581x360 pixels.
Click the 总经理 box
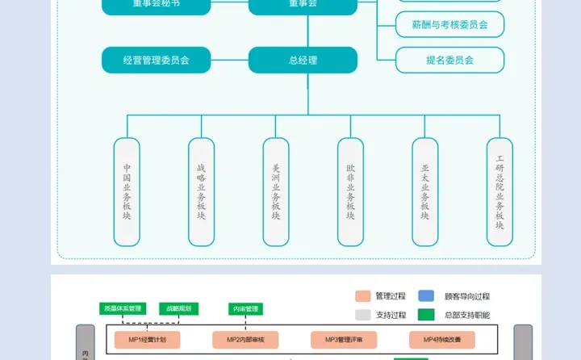[x=303, y=61]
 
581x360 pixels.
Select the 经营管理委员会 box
[x=157, y=61]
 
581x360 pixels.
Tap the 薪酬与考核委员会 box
[x=449, y=25]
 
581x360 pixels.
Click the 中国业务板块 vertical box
[x=127, y=191]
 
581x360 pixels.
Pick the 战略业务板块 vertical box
[x=201, y=191]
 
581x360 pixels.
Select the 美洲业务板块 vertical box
[x=276, y=191]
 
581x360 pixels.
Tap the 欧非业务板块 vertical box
[x=350, y=191]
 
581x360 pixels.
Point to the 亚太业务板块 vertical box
[x=425, y=191]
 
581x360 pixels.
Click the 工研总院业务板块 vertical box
[x=499, y=191]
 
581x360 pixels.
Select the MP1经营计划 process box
[x=146, y=339]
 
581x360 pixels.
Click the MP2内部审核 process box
[x=245, y=339]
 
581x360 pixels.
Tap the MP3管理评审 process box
[x=344, y=339]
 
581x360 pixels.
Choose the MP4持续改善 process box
[x=442, y=339]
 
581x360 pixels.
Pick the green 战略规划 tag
[x=180, y=308]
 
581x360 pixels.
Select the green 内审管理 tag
[x=246, y=308]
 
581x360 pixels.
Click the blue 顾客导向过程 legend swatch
[x=427, y=296]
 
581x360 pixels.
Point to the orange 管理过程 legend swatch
[x=362, y=296]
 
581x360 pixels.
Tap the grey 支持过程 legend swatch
[x=362, y=315]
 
